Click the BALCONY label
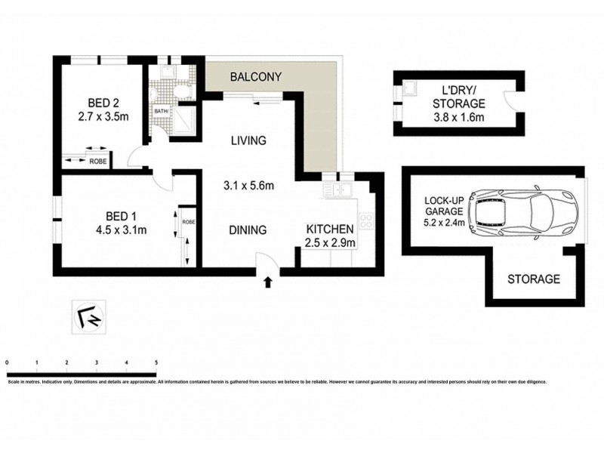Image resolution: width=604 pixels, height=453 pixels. (x=256, y=76)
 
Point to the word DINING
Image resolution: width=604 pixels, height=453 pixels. (x=248, y=230)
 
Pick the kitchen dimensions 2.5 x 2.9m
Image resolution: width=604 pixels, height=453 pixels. (x=330, y=242)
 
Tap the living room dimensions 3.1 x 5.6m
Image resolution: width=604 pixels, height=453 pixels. (x=248, y=185)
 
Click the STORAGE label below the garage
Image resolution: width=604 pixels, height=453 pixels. (x=533, y=279)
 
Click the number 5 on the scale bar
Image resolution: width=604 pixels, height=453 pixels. (x=156, y=363)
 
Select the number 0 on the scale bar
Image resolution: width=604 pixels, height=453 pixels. (x=7, y=363)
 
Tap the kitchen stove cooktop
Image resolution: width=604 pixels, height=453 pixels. (x=366, y=221)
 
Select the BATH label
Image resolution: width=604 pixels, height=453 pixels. (x=161, y=111)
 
